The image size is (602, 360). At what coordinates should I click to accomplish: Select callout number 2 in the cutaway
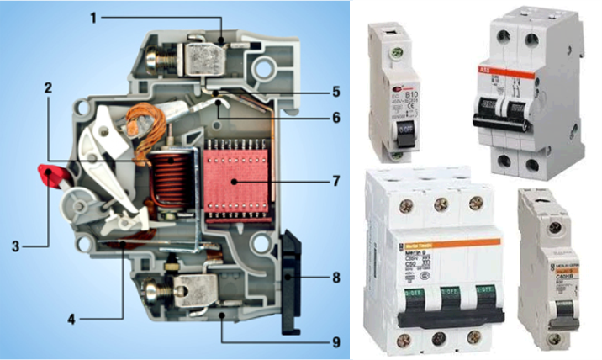[50, 87]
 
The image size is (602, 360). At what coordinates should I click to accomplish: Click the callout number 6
[335, 118]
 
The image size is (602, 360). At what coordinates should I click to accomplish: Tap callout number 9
[335, 341]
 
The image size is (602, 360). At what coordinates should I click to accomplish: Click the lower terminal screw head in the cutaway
[155, 294]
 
